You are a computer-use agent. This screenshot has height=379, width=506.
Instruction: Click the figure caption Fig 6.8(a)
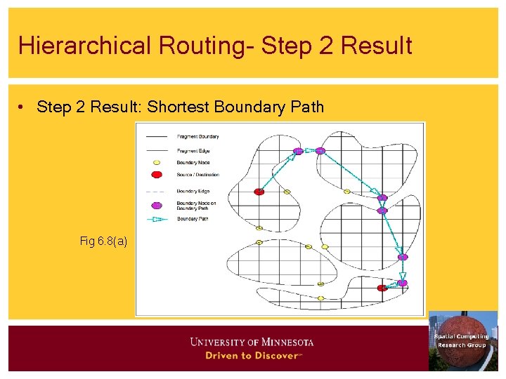[x=103, y=241]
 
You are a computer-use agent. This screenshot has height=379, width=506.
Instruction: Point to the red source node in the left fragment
[x=259, y=191]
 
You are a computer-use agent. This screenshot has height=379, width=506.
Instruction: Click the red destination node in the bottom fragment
[x=382, y=288]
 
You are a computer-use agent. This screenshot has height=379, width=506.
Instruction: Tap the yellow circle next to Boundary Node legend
[x=157, y=162]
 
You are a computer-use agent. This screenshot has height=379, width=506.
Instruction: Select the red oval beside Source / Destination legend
[x=157, y=175]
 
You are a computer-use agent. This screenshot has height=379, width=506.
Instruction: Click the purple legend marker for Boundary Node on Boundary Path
[x=157, y=205]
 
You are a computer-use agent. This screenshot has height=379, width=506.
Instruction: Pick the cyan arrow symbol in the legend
[x=157, y=219]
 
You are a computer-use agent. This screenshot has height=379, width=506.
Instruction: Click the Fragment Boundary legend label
[x=197, y=137]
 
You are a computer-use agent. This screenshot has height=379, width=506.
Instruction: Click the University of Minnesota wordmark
[x=252, y=343]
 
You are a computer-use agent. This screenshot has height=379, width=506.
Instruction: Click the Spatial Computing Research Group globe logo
[x=462, y=341]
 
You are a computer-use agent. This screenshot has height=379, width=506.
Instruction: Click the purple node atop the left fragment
[x=298, y=151]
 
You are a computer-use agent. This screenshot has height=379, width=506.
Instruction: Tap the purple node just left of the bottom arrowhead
[x=402, y=283]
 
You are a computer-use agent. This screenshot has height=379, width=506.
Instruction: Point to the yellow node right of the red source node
[x=287, y=191]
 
